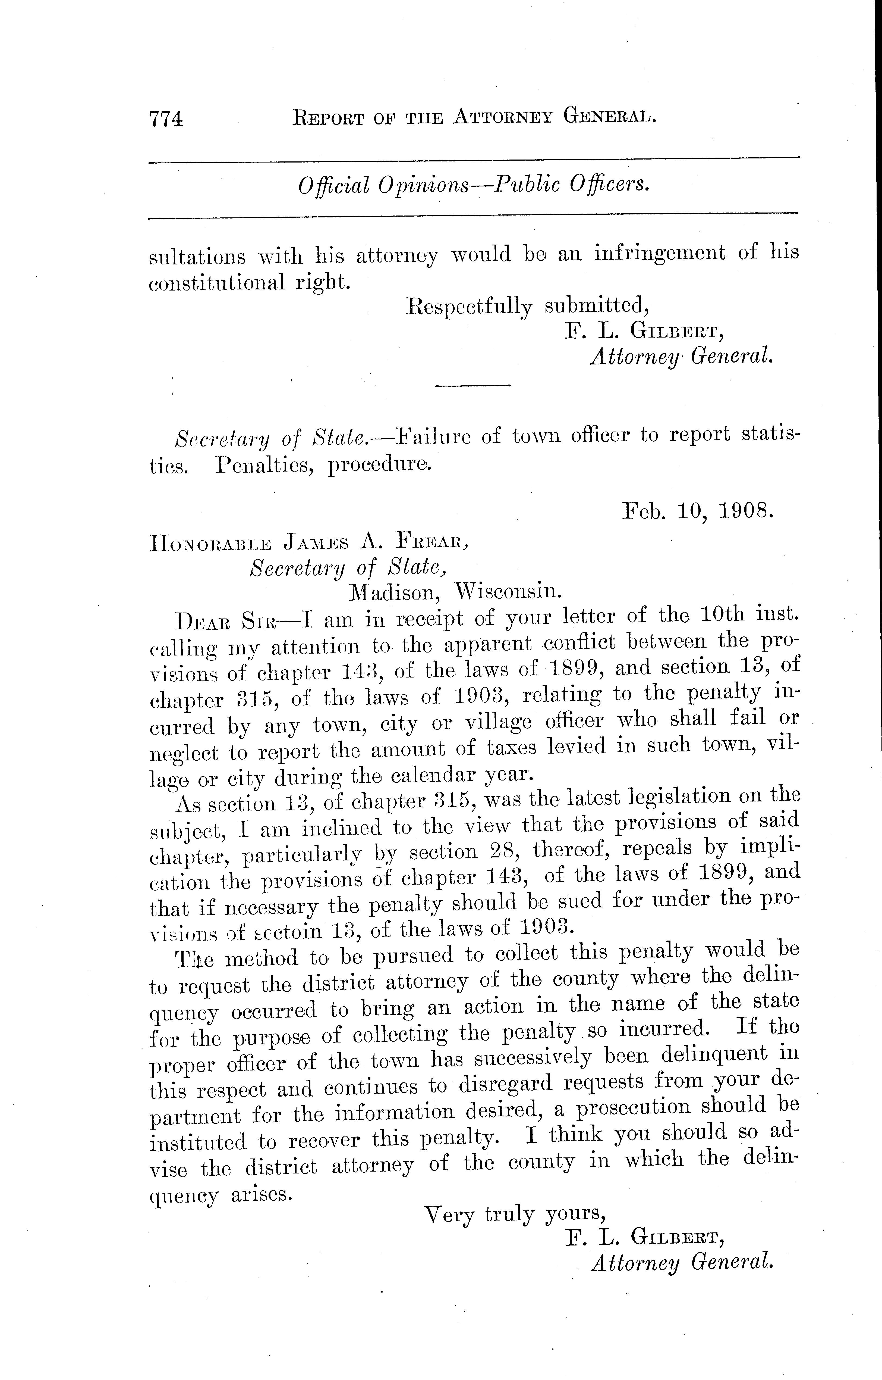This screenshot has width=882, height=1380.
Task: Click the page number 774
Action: (166, 119)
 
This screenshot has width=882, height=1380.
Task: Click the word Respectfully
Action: (468, 307)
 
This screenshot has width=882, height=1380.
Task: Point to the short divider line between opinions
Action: (472, 385)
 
